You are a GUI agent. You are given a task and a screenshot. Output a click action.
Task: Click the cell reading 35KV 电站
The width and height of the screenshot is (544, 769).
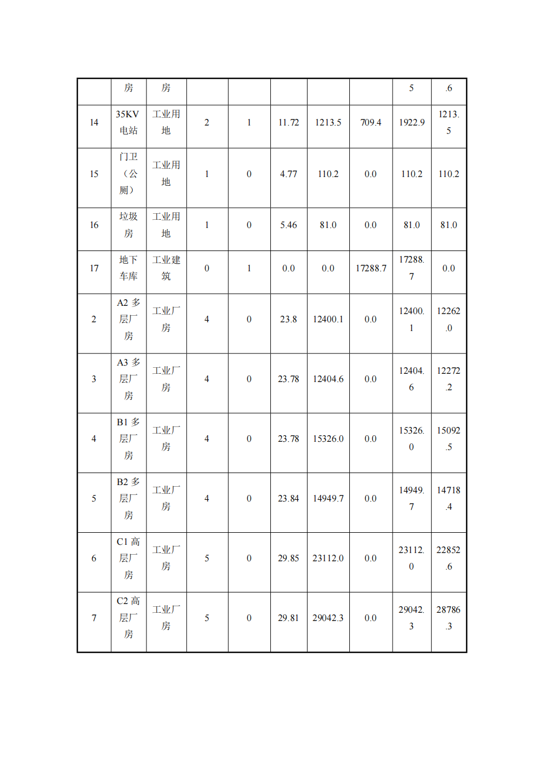click(128, 123)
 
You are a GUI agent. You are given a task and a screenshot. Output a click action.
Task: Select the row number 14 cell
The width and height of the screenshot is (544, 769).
click(94, 123)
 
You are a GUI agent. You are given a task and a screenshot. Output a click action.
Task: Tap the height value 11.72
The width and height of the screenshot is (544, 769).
click(288, 123)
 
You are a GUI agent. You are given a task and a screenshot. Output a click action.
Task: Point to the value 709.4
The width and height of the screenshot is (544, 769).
click(371, 123)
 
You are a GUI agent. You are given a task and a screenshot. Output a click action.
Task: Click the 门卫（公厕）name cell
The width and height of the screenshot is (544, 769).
click(128, 174)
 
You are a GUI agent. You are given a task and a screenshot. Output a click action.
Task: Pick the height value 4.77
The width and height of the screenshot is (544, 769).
click(288, 174)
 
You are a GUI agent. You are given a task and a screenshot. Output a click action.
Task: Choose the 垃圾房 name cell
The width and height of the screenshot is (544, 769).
click(128, 225)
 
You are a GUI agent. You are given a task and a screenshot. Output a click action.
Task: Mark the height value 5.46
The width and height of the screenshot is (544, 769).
click(288, 225)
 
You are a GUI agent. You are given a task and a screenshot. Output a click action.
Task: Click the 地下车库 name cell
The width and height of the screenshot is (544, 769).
click(128, 269)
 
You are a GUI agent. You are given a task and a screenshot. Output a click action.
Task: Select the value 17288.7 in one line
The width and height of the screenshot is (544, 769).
click(371, 269)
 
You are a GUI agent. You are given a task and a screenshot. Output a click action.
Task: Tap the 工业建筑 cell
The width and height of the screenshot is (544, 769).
click(166, 269)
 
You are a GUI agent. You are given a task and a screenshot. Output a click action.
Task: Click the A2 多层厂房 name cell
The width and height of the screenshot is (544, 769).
click(128, 320)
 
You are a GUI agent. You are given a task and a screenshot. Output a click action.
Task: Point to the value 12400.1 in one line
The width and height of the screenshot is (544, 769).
click(328, 320)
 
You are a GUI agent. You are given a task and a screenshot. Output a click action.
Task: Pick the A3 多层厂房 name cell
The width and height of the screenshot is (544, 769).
click(128, 379)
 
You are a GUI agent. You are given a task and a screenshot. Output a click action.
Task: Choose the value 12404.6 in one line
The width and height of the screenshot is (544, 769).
click(328, 379)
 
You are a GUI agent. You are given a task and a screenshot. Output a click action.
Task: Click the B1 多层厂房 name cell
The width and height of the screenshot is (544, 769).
click(128, 439)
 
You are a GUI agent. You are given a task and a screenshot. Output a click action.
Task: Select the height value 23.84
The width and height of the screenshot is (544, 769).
click(288, 499)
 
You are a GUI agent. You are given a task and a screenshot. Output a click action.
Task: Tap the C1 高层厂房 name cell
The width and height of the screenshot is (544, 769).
click(128, 559)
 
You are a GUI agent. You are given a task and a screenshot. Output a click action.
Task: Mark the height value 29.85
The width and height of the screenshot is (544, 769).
click(288, 559)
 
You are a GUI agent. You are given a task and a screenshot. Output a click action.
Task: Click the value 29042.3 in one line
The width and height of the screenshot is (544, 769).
click(328, 618)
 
